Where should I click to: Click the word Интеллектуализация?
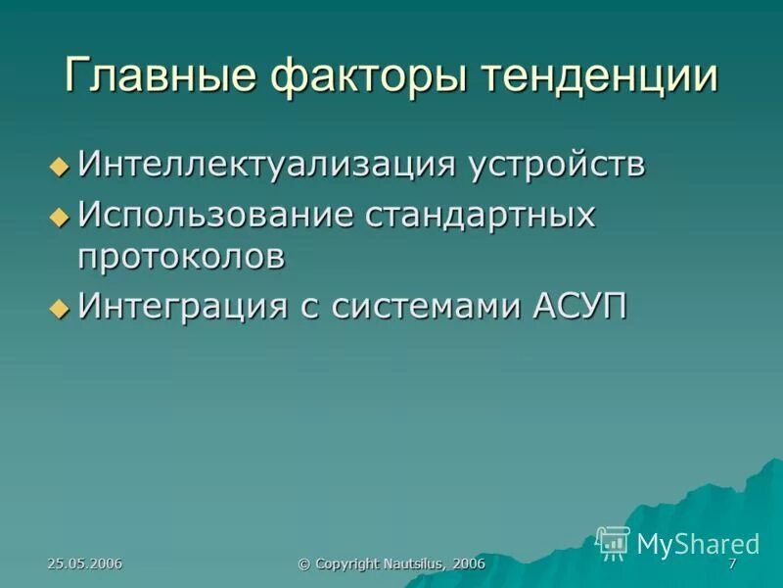click(266, 164)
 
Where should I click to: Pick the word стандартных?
click(480, 214)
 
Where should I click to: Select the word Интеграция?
click(180, 306)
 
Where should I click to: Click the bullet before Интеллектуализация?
click(60, 166)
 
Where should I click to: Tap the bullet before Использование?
click(60, 216)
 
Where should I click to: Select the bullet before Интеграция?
click(60, 308)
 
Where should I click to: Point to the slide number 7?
click(732, 563)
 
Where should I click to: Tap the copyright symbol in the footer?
click(303, 563)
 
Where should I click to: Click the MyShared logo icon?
click(614, 542)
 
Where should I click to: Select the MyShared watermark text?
click(697, 543)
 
